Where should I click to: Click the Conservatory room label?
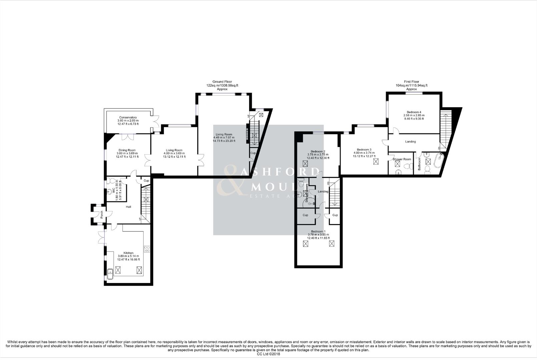pos(128,118)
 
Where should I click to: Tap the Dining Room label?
pos(127,150)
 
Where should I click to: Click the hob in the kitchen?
pos(147,249)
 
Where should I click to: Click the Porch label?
pos(101,215)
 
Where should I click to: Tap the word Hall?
pos(128,207)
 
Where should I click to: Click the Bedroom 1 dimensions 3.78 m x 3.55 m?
pos(318,235)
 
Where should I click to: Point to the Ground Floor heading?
pos(222,82)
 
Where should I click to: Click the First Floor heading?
pos(411,82)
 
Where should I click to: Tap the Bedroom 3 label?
pos(364,150)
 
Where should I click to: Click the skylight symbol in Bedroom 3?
pos(376,162)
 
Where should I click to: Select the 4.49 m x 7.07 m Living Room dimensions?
pos(224,138)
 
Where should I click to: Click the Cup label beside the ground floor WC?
pos(146,181)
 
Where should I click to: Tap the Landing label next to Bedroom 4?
pos(410,142)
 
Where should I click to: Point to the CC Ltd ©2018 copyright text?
pos(268,354)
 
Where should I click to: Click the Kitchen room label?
pos(128,253)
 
